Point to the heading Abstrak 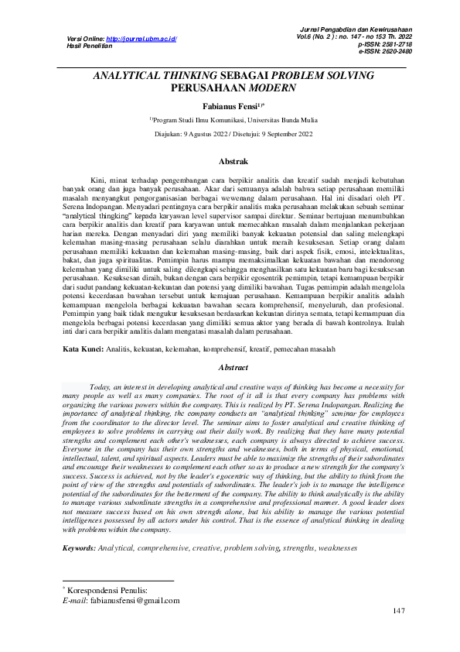tap(233, 162)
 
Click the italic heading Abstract tap(233, 368)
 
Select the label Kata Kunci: tap(83, 350)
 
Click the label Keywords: tap(79, 548)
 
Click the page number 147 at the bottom tap(398, 612)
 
